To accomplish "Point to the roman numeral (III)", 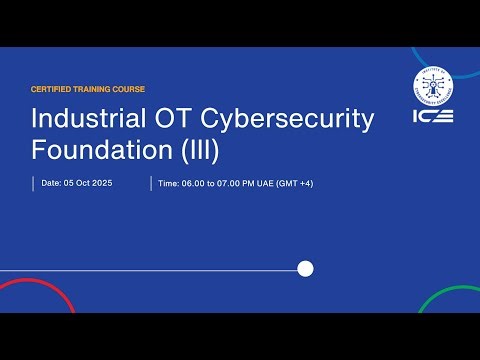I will point(198,150).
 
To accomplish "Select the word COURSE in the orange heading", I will point(128,89).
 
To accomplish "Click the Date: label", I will point(51,183).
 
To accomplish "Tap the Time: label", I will point(169,183).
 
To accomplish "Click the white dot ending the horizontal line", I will point(306,268).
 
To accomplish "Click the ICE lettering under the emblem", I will point(432,116).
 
